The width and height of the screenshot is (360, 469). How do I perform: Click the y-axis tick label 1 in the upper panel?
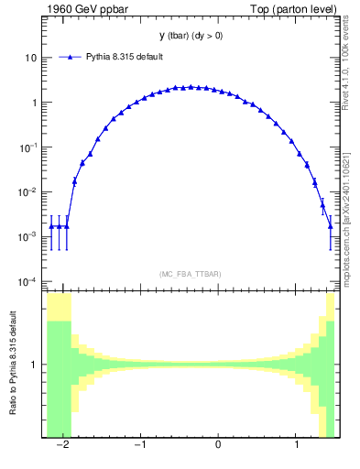point(33,103)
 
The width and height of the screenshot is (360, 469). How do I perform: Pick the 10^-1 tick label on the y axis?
point(28,147)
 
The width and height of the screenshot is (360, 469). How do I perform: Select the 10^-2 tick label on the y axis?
point(28,191)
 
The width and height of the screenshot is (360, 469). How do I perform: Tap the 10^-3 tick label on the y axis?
point(28,236)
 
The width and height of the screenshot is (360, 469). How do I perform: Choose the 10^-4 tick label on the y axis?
point(28,281)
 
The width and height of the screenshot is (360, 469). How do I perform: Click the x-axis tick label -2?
point(62,445)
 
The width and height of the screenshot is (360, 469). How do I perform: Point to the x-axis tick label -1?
point(139,445)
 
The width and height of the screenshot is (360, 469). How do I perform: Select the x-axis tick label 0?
point(218,445)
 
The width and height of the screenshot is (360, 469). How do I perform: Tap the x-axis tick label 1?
point(296,445)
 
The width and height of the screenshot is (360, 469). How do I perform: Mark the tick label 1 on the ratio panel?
point(33,365)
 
